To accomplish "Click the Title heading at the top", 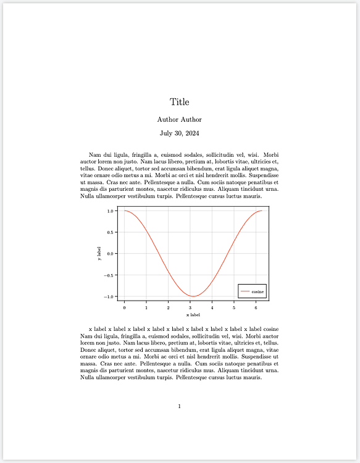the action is pyautogui.click(x=179, y=102).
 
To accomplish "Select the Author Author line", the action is pyautogui.click(x=179, y=119).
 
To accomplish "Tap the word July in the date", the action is pyautogui.click(x=167, y=133).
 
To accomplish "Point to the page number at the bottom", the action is pyautogui.click(x=179, y=406).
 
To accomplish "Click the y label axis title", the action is pyautogui.click(x=99, y=254).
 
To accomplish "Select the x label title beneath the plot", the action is pyautogui.click(x=193, y=315).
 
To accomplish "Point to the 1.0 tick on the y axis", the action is pyautogui.click(x=111, y=211).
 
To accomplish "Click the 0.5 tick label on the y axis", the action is pyautogui.click(x=111, y=232).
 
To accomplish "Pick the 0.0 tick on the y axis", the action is pyautogui.click(x=111, y=254).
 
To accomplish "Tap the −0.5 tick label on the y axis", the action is pyautogui.click(x=109, y=275).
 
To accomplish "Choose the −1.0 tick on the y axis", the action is pyautogui.click(x=109, y=297).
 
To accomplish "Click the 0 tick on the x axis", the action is pyautogui.click(x=124, y=307).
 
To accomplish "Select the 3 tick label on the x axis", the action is pyautogui.click(x=190, y=307).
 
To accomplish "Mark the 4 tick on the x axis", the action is pyautogui.click(x=212, y=307).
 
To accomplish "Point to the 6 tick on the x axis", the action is pyautogui.click(x=256, y=307).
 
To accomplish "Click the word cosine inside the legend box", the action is pyautogui.click(x=257, y=291).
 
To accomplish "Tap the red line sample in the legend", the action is pyautogui.click(x=245, y=291).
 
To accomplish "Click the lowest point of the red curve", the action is pyautogui.click(x=193, y=296).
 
